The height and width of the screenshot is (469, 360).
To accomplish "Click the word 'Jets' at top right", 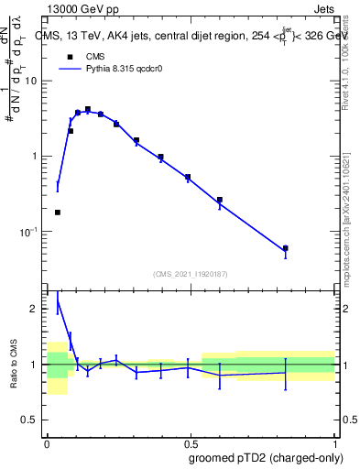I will click(x=323, y=8).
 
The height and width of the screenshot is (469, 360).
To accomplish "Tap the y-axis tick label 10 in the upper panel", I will click(x=32, y=81).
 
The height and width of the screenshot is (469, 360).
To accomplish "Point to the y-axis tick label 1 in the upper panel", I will click(x=36, y=157).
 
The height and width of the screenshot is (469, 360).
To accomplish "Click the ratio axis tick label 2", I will click(x=37, y=310).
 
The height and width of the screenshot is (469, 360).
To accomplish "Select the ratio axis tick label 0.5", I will click(x=32, y=420).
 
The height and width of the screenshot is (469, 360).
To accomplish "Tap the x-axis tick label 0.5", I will click(x=191, y=442).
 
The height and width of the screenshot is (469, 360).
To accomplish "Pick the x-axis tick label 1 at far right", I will click(x=334, y=442).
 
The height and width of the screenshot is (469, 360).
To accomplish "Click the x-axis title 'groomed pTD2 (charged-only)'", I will click(x=267, y=457).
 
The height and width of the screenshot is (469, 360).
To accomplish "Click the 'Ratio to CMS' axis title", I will click(x=13, y=365).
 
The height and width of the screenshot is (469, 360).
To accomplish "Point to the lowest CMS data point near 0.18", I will click(x=58, y=213).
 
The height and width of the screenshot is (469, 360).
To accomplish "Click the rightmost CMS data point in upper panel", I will click(x=286, y=248).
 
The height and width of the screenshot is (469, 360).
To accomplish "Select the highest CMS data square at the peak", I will click(x=88, y=109).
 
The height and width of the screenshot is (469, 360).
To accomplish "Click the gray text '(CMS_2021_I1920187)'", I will click(x=191, y=274).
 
